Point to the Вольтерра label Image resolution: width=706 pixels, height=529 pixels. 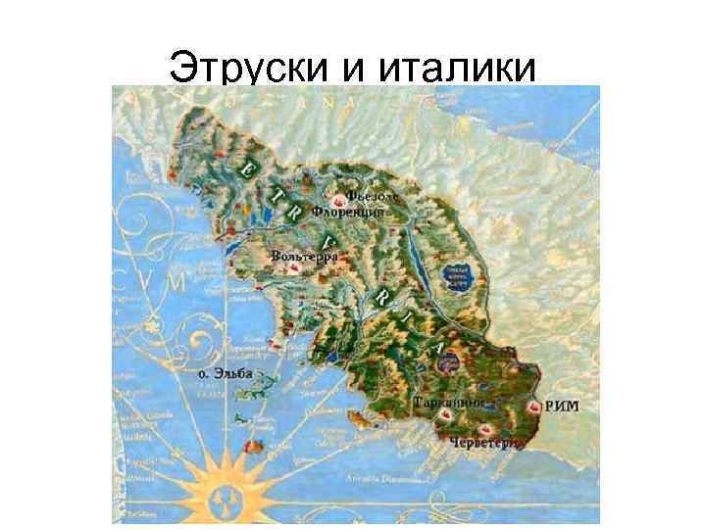pos(304,257)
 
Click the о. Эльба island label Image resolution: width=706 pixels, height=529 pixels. pos(219,373)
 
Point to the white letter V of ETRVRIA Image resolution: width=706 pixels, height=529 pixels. pos(328,240)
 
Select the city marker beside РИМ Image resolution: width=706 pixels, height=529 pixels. pos(533,405)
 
